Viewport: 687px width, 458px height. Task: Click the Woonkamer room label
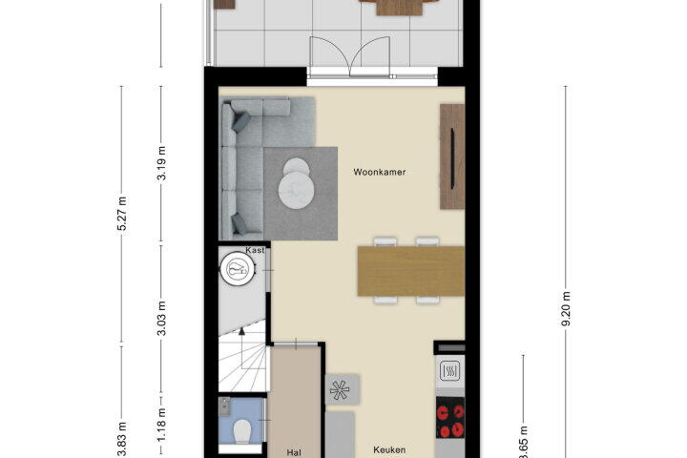tap(380, 173)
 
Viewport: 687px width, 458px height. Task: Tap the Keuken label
tap(389, 449)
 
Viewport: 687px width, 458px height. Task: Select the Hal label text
tap(294, 452)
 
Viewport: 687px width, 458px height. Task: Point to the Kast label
tap(255, 250)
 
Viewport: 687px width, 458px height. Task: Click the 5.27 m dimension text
tap(122, 214)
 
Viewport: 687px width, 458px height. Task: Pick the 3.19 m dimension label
tap(161, 163)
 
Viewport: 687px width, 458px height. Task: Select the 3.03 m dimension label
tap(161, 318)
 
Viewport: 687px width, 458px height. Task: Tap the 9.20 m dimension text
tap(566, 308)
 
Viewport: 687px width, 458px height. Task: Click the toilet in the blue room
tap(241, 432)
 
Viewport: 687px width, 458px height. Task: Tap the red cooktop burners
tap(450, 418)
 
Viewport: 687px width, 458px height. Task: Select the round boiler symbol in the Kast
tap(238, 269)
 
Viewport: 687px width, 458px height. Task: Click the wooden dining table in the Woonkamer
tap(411, 271)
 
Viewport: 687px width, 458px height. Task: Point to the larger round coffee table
tap(296, 190)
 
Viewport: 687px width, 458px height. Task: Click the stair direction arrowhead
tap(241, 330)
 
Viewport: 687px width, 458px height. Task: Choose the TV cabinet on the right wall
tap(452, 156)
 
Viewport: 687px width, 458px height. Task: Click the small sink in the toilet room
tap(225, 406)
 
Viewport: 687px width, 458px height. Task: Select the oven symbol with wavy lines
tap(450, 371)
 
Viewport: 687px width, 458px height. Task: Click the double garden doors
tap(350, 57)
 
